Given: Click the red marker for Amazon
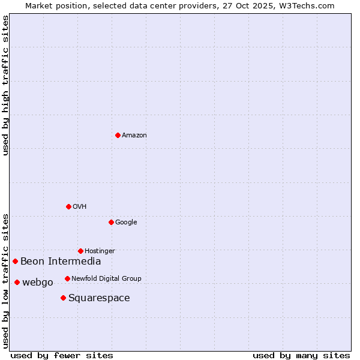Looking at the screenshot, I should (x=118, y=135).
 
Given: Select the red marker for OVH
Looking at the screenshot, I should (x=68, y=206).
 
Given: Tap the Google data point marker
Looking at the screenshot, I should (x=111, y=222).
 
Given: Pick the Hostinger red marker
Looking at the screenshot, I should (x=80, y=251).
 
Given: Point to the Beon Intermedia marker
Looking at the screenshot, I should (x=15, y=261).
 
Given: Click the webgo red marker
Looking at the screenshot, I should (x=17, y=282).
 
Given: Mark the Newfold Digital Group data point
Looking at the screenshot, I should (x=67, y=278).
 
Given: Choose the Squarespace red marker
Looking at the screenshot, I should (x=63, y=298).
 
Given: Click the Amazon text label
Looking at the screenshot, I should (x=134, y=136).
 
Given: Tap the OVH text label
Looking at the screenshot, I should (x=80, y=207).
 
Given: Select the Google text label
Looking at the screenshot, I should (x=126, y=223).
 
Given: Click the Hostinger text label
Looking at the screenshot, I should (x=100, y=251).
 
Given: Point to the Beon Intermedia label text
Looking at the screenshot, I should (x=61, y=262).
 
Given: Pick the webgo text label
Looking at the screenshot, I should (x=38, y=283).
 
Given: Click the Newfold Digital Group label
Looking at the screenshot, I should (x=106, y=279).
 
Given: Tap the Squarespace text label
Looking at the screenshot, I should (x=99, y=298).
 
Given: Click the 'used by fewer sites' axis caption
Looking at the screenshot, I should (x=62, y=355).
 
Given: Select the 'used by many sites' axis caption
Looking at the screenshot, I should (x=301, y=355).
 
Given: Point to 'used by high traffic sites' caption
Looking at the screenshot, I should (x=5, y=85).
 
